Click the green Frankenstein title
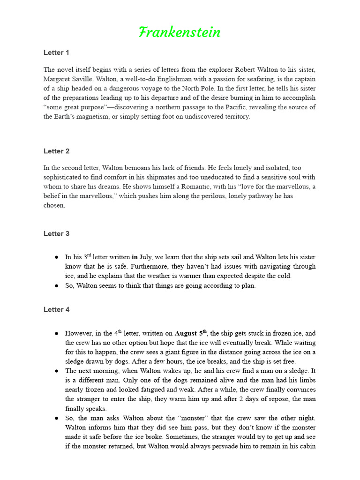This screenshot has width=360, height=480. click(180, 32)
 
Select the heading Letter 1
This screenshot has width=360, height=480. click(56, 52)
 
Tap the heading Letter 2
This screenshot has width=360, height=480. click(56, 151)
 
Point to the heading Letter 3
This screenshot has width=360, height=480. click(56, 233)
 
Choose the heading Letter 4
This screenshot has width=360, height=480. click(56, 309)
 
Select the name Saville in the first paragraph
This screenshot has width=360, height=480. click(96, 79)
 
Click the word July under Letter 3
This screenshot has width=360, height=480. click(146, 257)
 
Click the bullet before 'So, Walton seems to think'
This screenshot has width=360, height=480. click(57, 285)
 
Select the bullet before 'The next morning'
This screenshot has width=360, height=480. click(57, 371)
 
